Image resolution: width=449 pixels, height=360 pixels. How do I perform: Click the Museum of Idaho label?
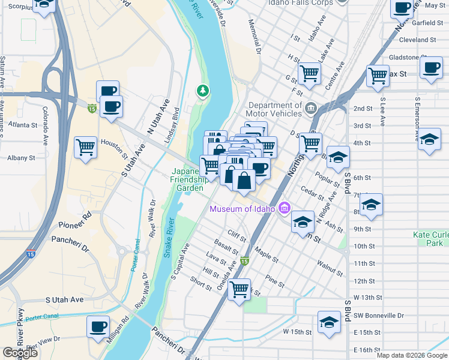pyautogui.click(x=242, y=209)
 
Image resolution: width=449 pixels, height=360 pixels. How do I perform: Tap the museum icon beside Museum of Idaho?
pyautogui.click(x=285, y=209)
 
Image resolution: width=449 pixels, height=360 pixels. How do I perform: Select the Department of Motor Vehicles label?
pyautogui.click(x=274, y=109)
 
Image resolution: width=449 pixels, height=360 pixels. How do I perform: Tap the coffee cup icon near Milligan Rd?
pyautogui.click(x=98, y=327)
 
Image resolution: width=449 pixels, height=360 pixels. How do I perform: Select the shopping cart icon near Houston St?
pyautogui.click(x=86, y=146)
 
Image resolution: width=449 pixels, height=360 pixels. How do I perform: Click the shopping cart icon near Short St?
pyautogui.click(x=240, y=290)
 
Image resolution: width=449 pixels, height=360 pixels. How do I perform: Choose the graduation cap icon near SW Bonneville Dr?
pyautogui.click(x=329, y=322)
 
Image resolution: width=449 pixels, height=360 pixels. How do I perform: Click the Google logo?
pyautogui.click(x=20, y=352)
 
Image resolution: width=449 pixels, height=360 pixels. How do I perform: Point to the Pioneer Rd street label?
pyautogui.click(x=74, y=225)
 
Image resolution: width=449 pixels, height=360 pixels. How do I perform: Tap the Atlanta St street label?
pyautogui.click(x=23, y=125)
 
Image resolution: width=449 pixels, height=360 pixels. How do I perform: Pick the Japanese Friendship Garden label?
pyautogui.click(x=189, y=178)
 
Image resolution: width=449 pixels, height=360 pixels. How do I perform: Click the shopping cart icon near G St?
pyautogui.click(x=309, y=74)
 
